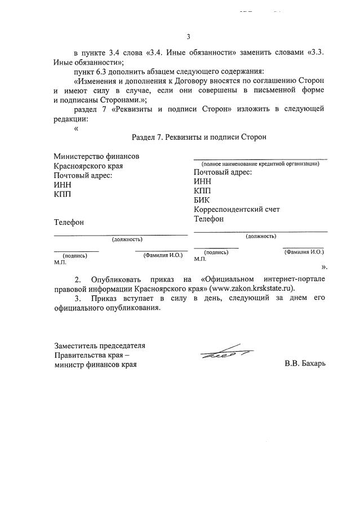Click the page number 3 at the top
tap(189, 37)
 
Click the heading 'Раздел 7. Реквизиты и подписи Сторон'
tap(198, 137)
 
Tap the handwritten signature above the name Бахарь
tap(225, 352)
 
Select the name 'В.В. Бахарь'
tap(305, 364)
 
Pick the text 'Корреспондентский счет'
tap(237, 210)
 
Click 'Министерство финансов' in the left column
tap(96, 156)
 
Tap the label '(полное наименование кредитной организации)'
tap(260, 163)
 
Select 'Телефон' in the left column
tap(69, 223)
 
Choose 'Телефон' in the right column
tap(208, 219)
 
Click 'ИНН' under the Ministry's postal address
tap(63, 185)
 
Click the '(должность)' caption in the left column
tap(127, 240)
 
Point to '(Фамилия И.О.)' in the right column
tap(304, 252)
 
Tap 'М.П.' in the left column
tap(60, 262)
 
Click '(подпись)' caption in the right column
tap(216, 252)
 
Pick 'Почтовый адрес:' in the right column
tap(223, 172)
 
